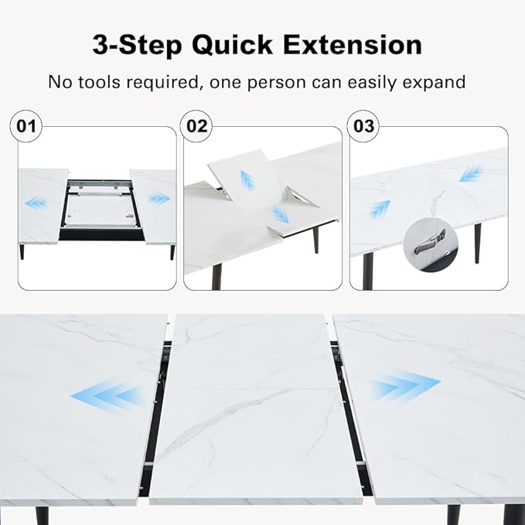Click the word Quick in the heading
[232, 46]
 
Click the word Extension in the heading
[353, 45]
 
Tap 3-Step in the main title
[138, 46]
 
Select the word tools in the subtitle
[100, 82]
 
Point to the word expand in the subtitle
[434, 83]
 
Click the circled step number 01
[26, 126]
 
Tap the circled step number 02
[196, 126]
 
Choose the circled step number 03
[363, 126]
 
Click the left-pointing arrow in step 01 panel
[36, 203]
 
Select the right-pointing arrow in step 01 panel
[159, 199]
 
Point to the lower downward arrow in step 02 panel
[280, 213]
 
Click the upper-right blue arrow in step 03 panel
[471, 173]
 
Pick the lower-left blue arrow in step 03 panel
[380, 209]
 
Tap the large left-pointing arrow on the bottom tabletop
[107, 395]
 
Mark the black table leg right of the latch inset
[478, 244]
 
